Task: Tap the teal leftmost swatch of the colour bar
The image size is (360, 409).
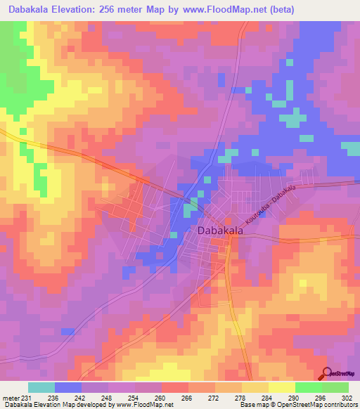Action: pyautogui.click(x=41, y=387)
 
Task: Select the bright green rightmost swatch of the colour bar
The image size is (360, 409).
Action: pyautogui.click(x=335, y=387)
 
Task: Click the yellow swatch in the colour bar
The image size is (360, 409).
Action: pyautogui.click(x=255, y=387)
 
